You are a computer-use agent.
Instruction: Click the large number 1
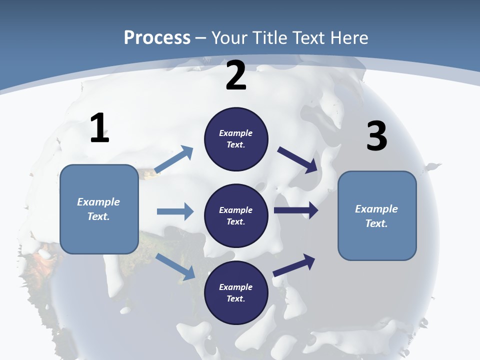99,128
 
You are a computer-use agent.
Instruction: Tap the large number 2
236,75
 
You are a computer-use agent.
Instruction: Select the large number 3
376,136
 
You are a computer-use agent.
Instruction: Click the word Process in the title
157,37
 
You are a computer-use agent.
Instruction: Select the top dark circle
236,139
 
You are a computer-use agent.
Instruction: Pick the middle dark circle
236,216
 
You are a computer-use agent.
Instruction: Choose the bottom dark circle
236,293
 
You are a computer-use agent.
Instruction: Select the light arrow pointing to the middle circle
175,211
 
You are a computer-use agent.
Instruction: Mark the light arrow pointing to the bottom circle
175,266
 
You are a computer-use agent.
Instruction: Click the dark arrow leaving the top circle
298,160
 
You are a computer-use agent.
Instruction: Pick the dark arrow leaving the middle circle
296,210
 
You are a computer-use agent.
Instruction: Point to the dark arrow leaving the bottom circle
294,265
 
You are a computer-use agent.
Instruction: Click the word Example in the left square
98,202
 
